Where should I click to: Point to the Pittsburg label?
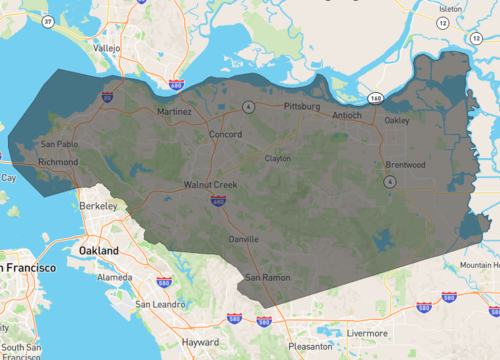(301, 105)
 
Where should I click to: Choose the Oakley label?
(397, 121)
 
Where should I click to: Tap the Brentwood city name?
(405, 164)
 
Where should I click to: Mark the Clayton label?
(277, 158)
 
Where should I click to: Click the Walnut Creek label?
(210, 185)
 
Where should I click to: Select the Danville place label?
(243, 239)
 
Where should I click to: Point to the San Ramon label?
(267, 276)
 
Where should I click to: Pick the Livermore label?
(368, 333)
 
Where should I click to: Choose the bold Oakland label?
(100, 250)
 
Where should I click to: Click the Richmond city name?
(57, 161)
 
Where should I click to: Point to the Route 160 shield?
(375, 98)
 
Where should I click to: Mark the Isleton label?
(450, 8)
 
